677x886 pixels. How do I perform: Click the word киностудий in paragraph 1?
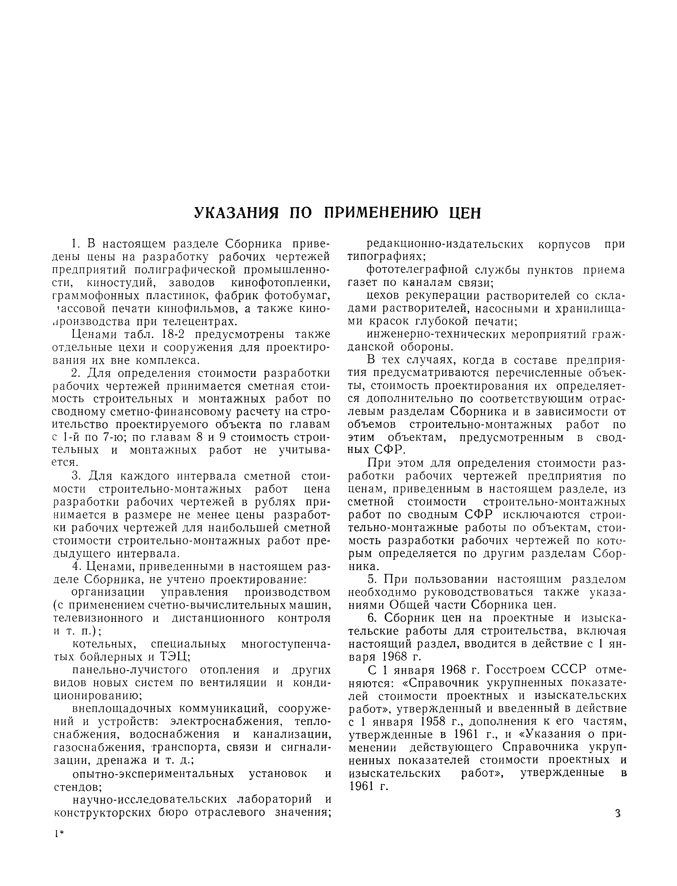point(122,283)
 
